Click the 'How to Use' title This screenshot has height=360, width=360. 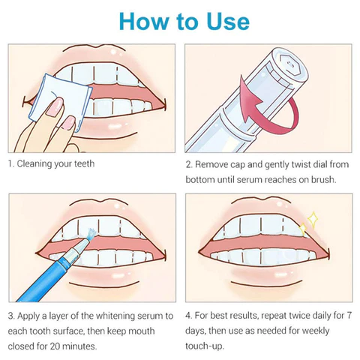tap(180, 21)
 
